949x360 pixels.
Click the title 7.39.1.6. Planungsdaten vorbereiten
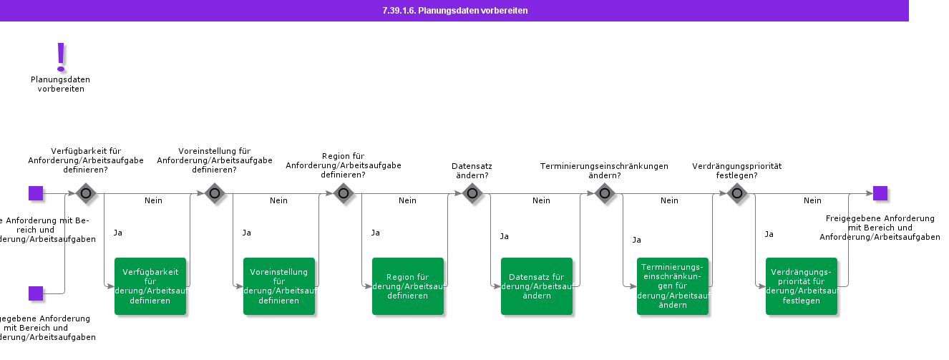pyautogui.click(x=455, y=11)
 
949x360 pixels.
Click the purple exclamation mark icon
pyautogui.click(x=61, y=57)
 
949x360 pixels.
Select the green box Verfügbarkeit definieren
pyautogui.click(x=150, y=286)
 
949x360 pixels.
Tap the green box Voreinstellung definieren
pyautogui.click(x=279, y=286)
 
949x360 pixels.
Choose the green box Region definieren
pyautogui.click(x=408, y=286)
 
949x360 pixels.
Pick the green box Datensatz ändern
pyautogui.click(x=537, y=286)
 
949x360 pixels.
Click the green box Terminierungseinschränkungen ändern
pyautogui.click(x=673, y=286)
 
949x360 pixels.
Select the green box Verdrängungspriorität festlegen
pyautogui.click(x=802, y=286)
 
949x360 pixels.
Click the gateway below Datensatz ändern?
pyautogui.click(x=472, y=193)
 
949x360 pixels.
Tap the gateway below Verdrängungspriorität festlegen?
pyautogui.click(x=737, y=193)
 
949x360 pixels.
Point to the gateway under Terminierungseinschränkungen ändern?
pyautogui.click(x=605, y=193)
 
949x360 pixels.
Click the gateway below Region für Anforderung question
pyautogui.click(x=344, y=193)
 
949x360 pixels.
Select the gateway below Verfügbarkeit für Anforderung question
pyautogui.click(x=86, y=193)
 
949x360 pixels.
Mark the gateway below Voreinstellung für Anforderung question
pyautogui.click(x=215, y=193)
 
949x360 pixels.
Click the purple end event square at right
pyautogui.click(x=880, y=193)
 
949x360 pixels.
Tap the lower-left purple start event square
pyautogui.click(x=36, y=293)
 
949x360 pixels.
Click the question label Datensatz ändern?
pyautogui.click(x=472, y=170)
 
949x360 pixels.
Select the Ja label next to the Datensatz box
pyautogui.click(x=504, y=236)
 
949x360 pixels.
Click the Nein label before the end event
pyautogui.click(x=812, y=200)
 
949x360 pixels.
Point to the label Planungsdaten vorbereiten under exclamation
pyautogui.click(x=61, y=84)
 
